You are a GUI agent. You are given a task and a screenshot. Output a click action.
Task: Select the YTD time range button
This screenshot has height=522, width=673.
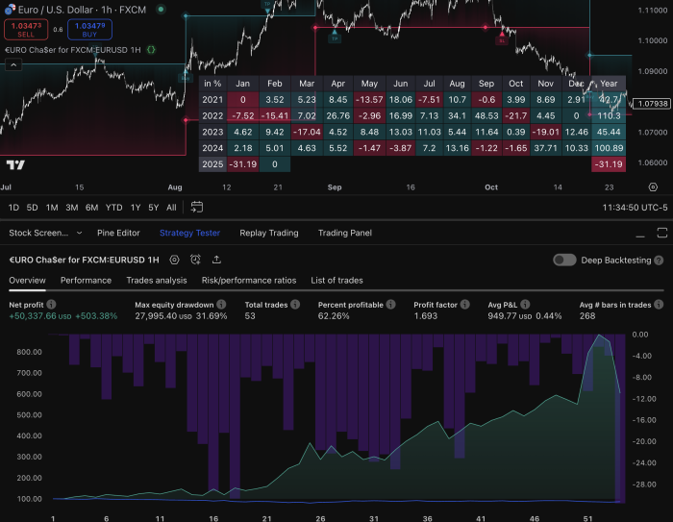(x=114, y=207)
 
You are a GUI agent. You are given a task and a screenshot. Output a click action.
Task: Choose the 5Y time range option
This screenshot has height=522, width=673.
(x=154, y=207)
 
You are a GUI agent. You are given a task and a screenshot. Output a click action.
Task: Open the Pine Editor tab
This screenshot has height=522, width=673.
(x=118, y=233)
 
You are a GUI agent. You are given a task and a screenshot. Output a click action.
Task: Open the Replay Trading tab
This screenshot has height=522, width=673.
(x=268, y=233)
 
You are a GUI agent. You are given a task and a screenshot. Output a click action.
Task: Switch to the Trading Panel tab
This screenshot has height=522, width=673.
(x=344, y=233)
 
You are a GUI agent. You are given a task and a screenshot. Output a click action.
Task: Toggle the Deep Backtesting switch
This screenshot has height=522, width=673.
(x=565, y=260)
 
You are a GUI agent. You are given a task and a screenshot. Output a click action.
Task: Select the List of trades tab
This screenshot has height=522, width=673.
(x=336, y=281)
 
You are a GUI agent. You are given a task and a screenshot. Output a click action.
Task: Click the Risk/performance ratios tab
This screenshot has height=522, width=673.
(x=249, y=281)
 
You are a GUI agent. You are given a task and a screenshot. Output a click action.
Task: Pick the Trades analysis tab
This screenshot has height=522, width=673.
(x=157, y=281)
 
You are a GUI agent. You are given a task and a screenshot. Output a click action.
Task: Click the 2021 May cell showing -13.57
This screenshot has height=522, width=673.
(x=369, y=99)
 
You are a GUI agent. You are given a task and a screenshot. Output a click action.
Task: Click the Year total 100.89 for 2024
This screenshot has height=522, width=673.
(x=608, y=148)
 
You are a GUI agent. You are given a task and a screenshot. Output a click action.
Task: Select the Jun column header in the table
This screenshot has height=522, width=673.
(x=401, y=83)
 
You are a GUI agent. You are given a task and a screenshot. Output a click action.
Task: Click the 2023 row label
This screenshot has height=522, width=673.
(x=213, y=132)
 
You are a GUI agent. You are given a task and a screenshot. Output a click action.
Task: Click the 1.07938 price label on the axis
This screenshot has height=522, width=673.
(x=653, y=102)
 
